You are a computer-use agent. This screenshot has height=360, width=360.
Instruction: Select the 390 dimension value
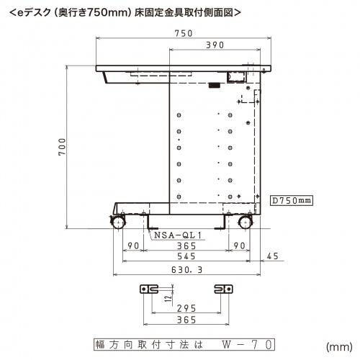pyautogui.click(x=212, y=45)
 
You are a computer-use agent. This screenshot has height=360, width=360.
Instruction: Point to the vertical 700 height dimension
pyautogui.click(x=63, y=148)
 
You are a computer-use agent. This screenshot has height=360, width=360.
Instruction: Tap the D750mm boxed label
pyautogui.click(x=291, y=200)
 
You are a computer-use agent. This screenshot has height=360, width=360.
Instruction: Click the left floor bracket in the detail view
pyautogui.click(x=148, y=288)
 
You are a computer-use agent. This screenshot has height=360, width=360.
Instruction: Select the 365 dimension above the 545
pyautogui.click(x=186, y=246)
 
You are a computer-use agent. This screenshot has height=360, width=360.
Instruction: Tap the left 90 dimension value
pyautogui.click(x=132, y=246)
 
